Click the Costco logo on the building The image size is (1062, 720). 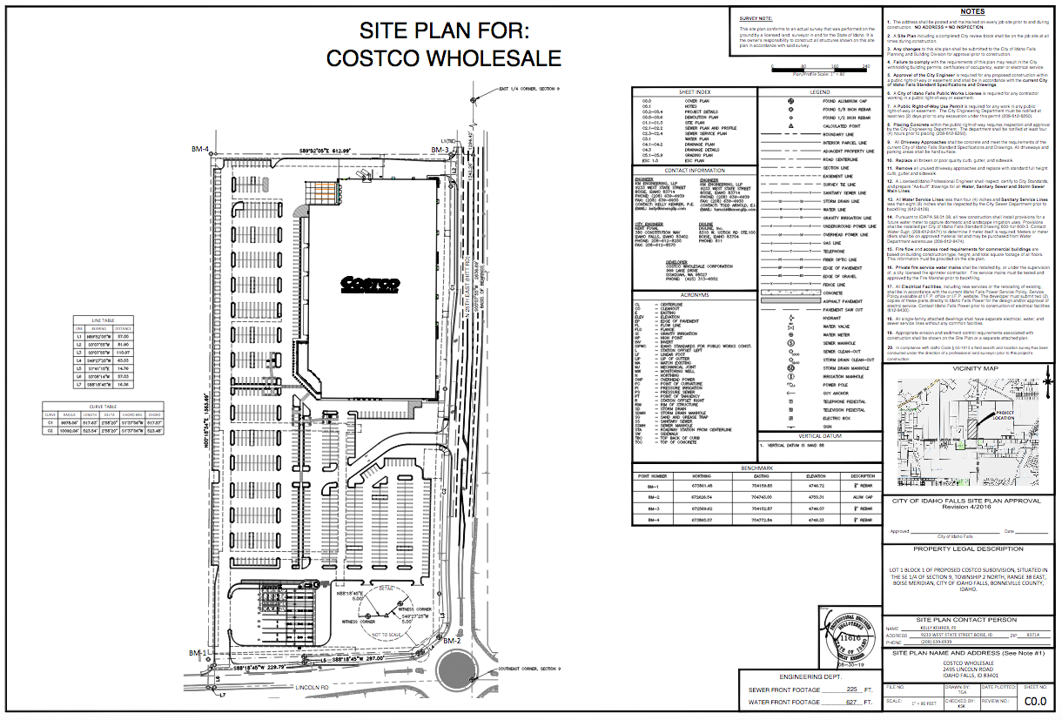371,283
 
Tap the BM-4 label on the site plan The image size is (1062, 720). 200,150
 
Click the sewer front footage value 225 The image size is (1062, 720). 839,689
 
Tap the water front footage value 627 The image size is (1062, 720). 839,702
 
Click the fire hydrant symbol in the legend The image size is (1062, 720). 791,318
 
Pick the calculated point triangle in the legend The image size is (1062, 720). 791,126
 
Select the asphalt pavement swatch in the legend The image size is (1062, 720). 791,300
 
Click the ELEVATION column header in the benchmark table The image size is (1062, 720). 815,476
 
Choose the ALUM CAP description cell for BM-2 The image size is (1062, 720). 863,497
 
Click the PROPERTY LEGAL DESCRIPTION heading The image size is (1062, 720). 968,549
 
